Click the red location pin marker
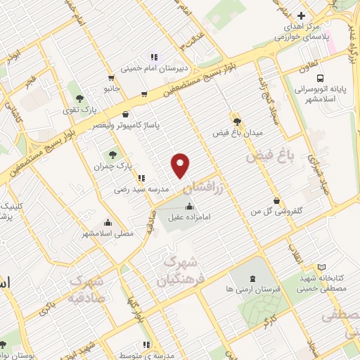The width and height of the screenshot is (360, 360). (181, 165)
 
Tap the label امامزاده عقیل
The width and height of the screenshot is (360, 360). (190, 218)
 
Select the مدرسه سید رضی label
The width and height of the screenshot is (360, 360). (141, 190)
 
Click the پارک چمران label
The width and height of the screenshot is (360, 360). (113, 166)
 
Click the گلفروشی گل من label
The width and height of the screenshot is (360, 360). (276, 211)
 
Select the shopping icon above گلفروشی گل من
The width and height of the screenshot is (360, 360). (276, 200)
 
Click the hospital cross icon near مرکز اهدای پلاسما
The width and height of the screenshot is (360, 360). (301, 15)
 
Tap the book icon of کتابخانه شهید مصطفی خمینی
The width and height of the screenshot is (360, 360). (322, 268)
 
